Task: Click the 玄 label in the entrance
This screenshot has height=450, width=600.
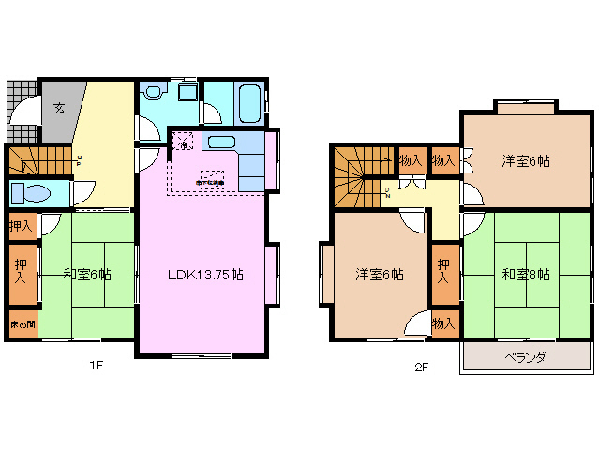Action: (x=58, y=108)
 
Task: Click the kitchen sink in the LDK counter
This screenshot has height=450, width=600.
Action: (x=222, y=142)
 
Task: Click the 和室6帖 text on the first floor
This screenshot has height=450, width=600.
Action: (x=87, y=275)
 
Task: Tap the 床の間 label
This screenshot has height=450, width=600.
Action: (x=22, y=323)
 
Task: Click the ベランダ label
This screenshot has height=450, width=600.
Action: (x=526, y=358)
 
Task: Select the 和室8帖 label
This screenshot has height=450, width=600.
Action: (x=526, y=275)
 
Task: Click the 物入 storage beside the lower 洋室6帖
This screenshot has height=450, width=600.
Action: (x=443, y=323)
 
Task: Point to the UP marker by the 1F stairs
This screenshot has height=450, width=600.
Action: (x=80, y=160)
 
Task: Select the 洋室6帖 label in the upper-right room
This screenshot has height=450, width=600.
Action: (x=526, y=160)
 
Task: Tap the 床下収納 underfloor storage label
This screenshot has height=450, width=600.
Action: (x=210, y=181)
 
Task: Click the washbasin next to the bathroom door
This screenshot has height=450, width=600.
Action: (x=187, y=93)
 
